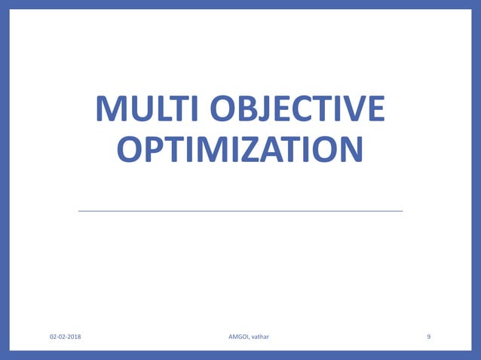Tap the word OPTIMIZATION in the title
point(240,150)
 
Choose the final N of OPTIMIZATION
point(348,150)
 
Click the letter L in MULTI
point(161,111)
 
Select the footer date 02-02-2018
point(66,337)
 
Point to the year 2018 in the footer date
point(75,337)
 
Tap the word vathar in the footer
point(259,337)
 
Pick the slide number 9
point(429,337)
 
